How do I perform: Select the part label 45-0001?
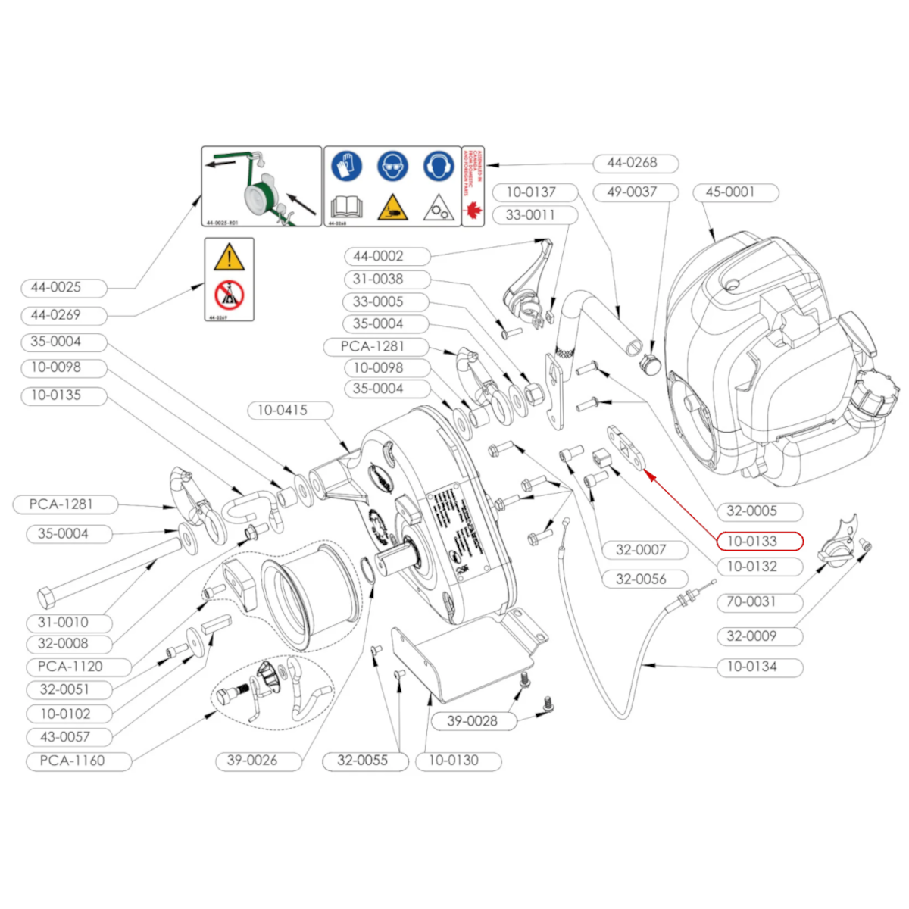point(736,192)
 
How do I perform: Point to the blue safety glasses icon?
point(392,167)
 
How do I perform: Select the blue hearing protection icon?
point(438,167)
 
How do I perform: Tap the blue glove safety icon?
point(346,167)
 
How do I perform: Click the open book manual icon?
point(346,207)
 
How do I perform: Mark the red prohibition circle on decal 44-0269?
point(229,295)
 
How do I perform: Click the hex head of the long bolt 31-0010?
point(46,598)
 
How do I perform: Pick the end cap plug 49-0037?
point(649,364)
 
